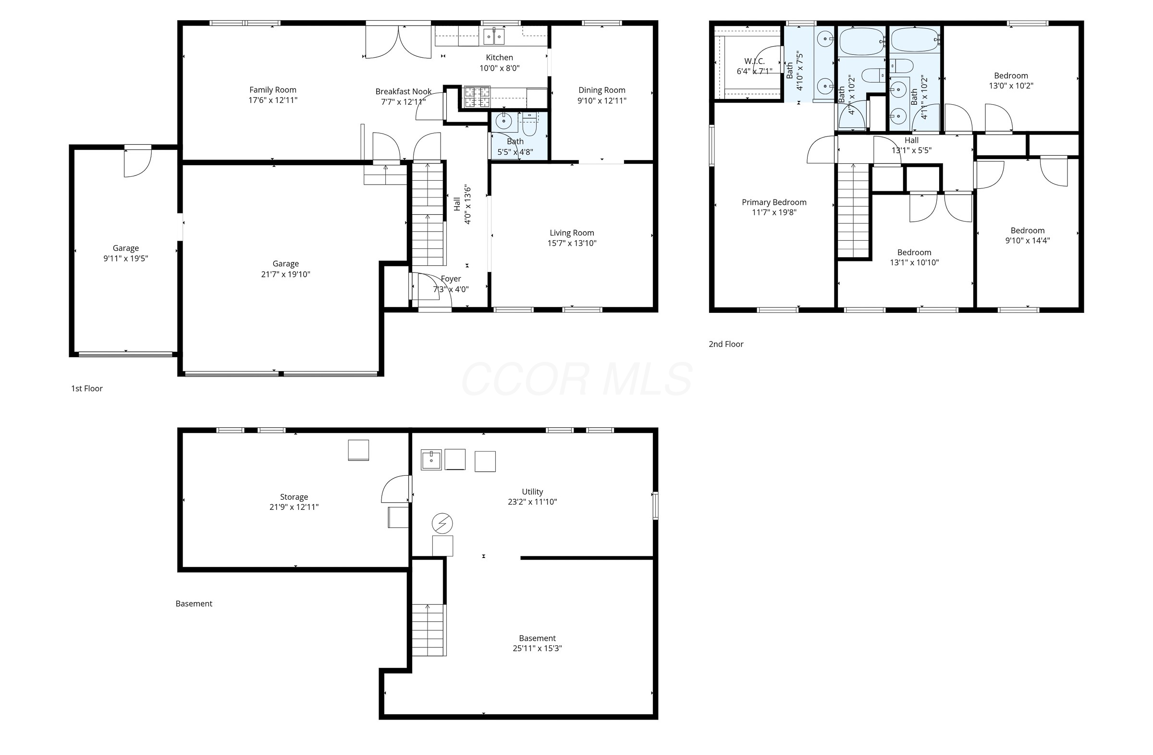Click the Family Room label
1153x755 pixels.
273,90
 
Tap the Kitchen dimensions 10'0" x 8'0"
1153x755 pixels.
499,68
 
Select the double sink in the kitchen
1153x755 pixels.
494,37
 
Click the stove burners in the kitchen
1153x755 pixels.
477,97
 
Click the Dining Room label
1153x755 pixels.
601,90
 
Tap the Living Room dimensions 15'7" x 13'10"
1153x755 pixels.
572,243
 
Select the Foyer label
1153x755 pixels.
451,279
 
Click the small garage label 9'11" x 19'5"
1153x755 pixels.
125,259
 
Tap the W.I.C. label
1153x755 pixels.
754,62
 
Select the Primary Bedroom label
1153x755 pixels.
773,202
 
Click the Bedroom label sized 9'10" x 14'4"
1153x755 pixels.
1027,231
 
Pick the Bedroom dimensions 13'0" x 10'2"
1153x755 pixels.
1011,86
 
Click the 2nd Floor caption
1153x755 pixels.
726,344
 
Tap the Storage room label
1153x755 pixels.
294,497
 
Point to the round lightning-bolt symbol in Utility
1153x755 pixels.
442,523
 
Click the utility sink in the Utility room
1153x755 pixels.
430,459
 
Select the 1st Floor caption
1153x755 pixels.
87,388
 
